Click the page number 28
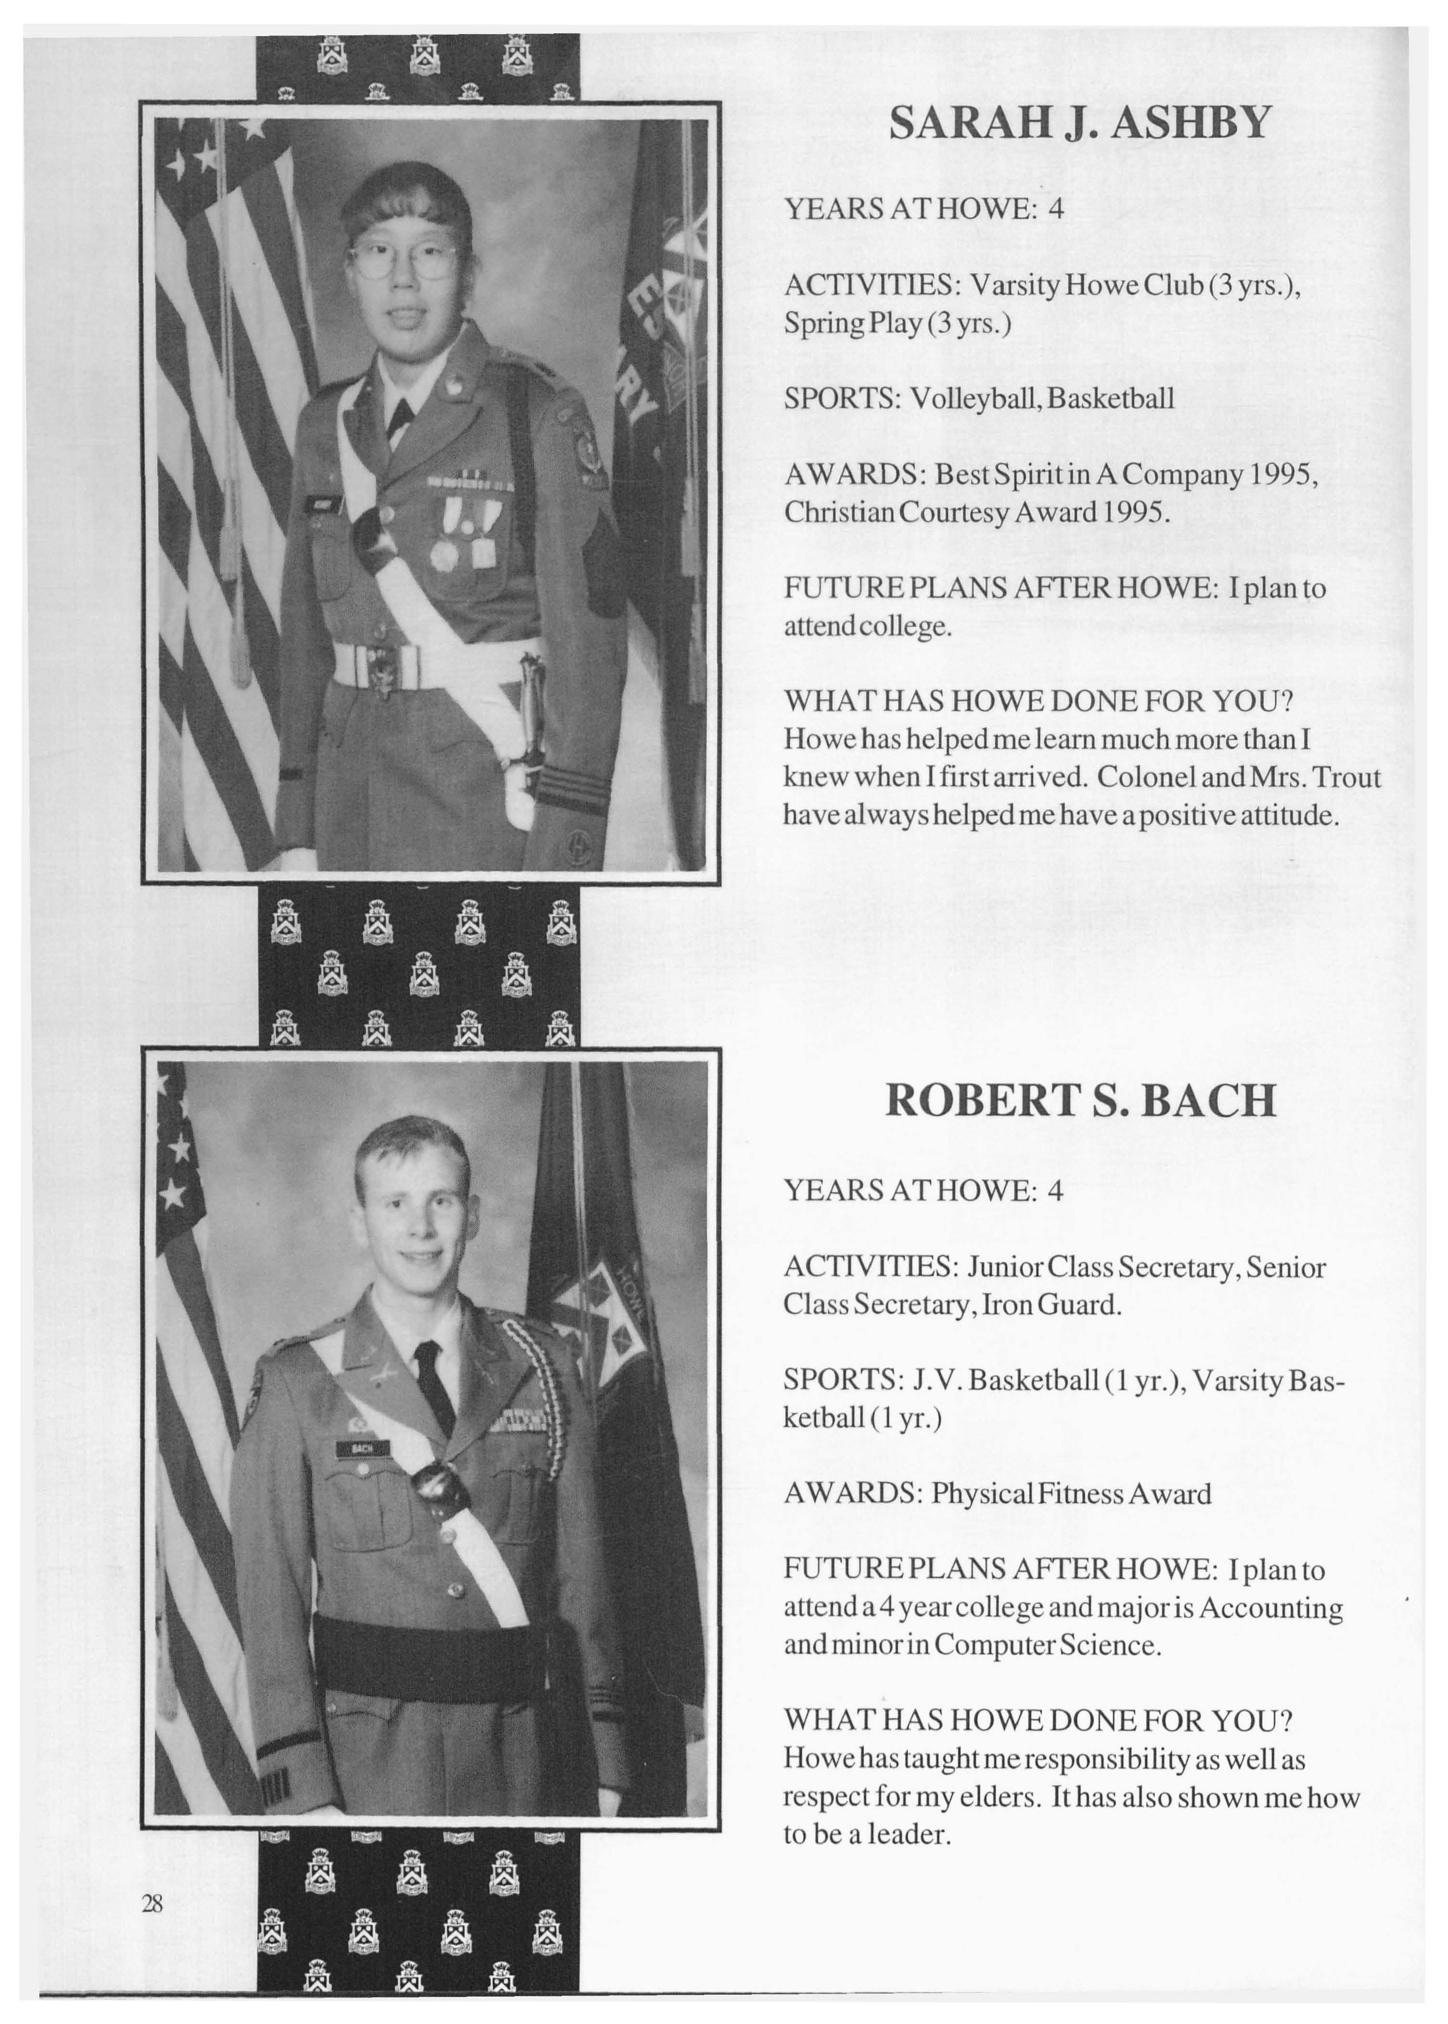[153, 1904]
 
